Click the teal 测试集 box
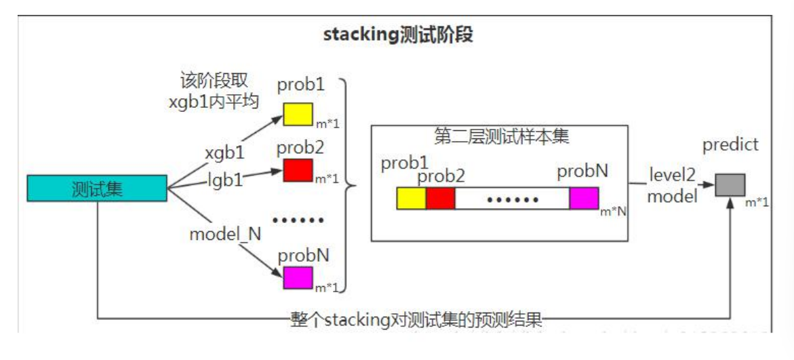96,188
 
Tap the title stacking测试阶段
398,35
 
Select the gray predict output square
730,185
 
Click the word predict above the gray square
730,145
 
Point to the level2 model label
672,185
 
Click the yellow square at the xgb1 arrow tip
297,114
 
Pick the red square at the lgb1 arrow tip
297,169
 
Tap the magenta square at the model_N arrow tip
298,278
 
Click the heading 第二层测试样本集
500,137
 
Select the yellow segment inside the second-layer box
411,199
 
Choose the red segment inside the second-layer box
440,199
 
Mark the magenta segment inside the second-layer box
584,199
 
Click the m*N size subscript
613,212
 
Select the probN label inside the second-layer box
580,172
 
